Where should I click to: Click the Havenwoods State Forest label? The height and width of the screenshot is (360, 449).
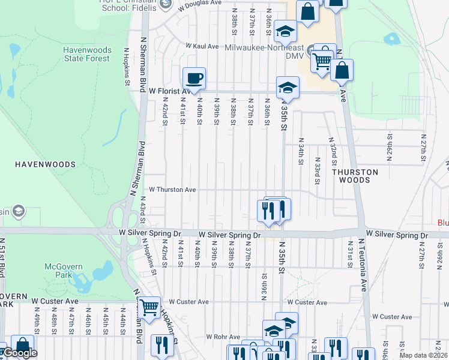click(x=87, y=54)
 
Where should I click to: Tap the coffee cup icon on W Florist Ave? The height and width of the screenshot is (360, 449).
click(x=194, y=78)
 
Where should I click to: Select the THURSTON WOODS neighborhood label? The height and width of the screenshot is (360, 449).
click(x=355, y=176)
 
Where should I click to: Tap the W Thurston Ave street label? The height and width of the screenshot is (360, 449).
click(x=172, y=190)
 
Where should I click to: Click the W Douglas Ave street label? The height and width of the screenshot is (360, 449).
click(x=200, y=3)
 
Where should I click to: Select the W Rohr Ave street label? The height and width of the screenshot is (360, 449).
click(x=223, y=337)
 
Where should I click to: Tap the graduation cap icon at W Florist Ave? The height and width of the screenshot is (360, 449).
click(x=288, y=88)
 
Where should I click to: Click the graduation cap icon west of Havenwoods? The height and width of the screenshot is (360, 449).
click(x=19, y=211)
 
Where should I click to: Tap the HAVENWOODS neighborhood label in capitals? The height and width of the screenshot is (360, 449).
click(x=45, y=164)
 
